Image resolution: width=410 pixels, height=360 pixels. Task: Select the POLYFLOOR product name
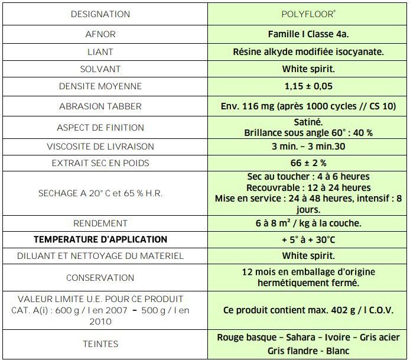(x=308, y=14)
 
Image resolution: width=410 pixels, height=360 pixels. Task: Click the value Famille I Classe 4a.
(x=308, y=34)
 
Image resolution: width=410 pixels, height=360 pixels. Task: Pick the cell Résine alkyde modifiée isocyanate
(x=308, y=51)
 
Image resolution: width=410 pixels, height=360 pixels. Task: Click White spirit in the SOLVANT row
(x=308, y=69)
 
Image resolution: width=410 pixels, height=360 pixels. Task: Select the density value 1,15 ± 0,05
(x=308, y=86)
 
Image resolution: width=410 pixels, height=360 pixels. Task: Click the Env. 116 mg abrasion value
(x=308, y=106)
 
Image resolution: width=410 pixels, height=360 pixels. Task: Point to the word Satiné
(x=308, y=122)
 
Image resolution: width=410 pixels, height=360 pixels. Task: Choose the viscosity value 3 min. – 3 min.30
(x=308, y=147)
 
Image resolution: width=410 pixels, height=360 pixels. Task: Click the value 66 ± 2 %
(x=308, y=163)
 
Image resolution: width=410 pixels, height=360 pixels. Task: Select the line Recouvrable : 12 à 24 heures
(x=308, y=187)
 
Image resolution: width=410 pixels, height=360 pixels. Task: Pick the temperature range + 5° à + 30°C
(x=308, y=239)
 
